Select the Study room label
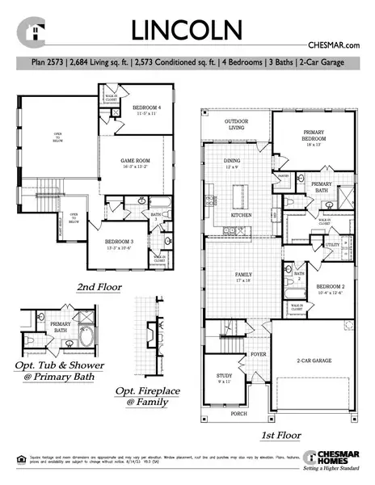click(x=224, y=377)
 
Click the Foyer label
click(x=258, y=354)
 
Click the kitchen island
click(x=241, y=196)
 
